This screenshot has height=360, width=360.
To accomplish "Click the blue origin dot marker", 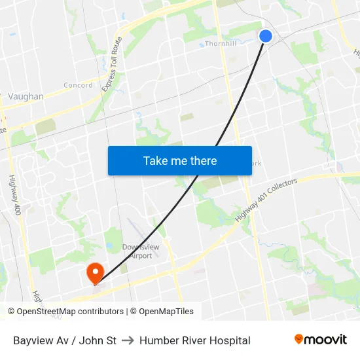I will pos(266,36).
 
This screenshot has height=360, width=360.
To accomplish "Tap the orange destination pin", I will pos(95,272).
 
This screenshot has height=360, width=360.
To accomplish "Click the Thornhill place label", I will pos(220,44).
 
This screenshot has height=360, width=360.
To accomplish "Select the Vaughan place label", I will pos(26,96).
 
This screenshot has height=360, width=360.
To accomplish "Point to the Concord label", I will pos(78,85).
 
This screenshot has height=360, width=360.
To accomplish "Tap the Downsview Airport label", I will pos(137,251).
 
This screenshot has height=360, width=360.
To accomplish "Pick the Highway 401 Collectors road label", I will pos(266,199).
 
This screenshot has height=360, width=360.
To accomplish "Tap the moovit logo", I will pos(321,340).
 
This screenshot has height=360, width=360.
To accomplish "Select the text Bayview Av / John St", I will pos(65,340).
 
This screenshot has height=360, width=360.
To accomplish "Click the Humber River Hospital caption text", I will pos(194,340).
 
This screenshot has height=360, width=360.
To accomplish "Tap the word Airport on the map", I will pos(140,255).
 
